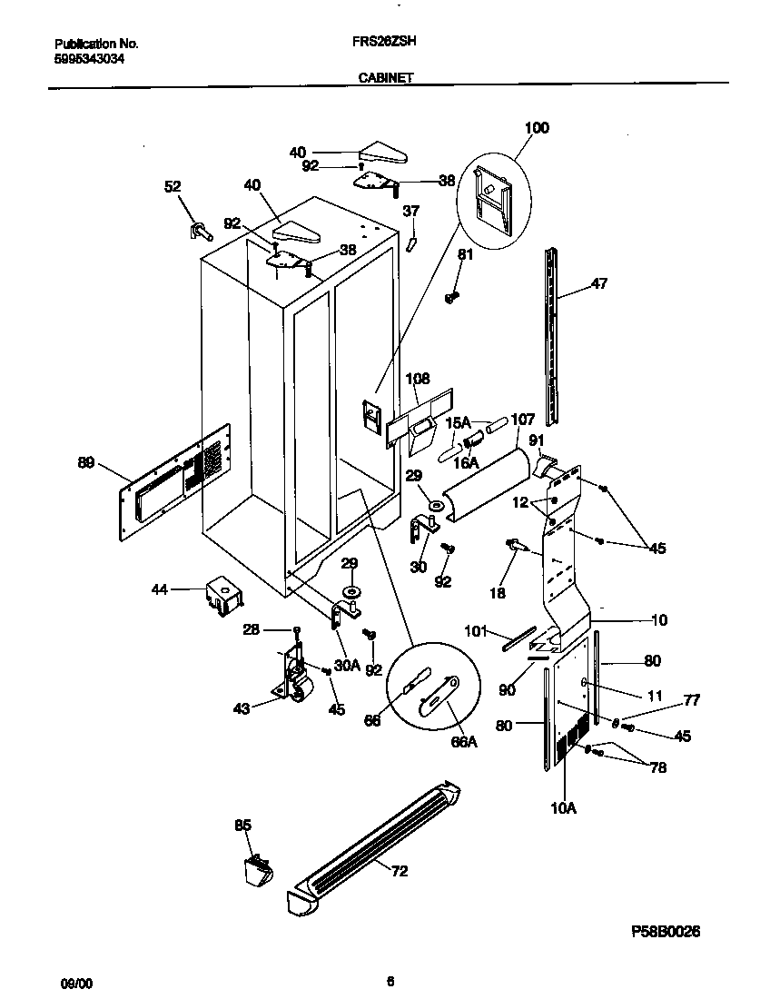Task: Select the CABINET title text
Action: pyautogui.click(x=380, y=78)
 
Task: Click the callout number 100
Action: pyautogui.click(x=537, y=128)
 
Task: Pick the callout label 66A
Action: pyautogui.click(x=463, y=742)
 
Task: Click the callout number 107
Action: pyautogui.click(x=522, y=420)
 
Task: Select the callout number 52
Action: pyautogui.click(x=173, y=186)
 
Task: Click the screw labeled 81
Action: pyautogui.click(x=451, y=296)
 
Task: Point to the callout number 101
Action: pyautogui.click(x=477, y=630)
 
